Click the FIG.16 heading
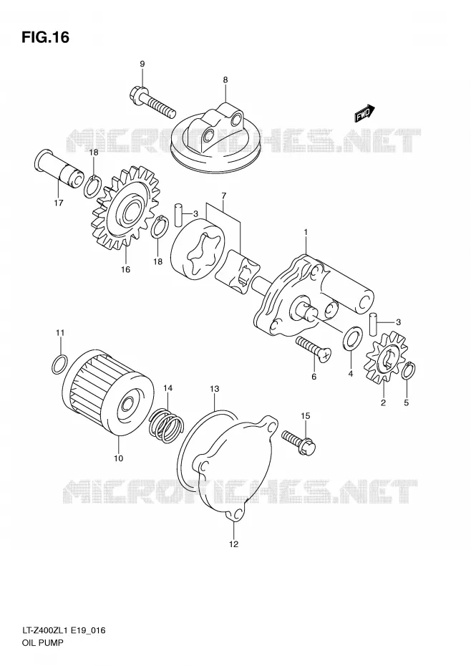[x=45, y=37]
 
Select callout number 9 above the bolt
[x=142, y=64]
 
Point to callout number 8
[x=225, y=79]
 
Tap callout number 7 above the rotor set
[x=223, y=195]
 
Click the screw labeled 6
[x=314, y=349]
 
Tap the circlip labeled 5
[x=409, y=370]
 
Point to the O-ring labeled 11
[x=59, y=364]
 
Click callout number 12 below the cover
[x=233, y=544]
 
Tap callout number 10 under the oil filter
[x=119, y=458]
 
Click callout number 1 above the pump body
[x=306, y=232]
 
